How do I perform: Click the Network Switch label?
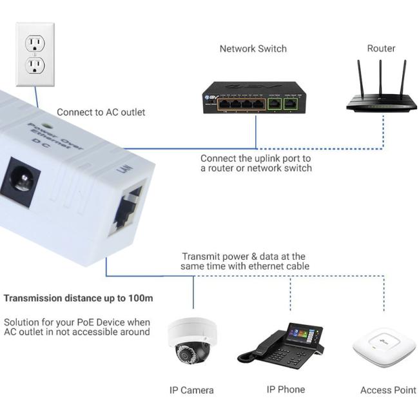(253, 48)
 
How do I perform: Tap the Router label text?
(381, 48)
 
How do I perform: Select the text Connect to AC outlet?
(101, 112)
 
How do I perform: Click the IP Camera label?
(191, 390)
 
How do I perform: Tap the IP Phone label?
(286, 389)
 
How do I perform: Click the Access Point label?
(388, 390)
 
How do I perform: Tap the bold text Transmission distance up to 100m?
(78, 298)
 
